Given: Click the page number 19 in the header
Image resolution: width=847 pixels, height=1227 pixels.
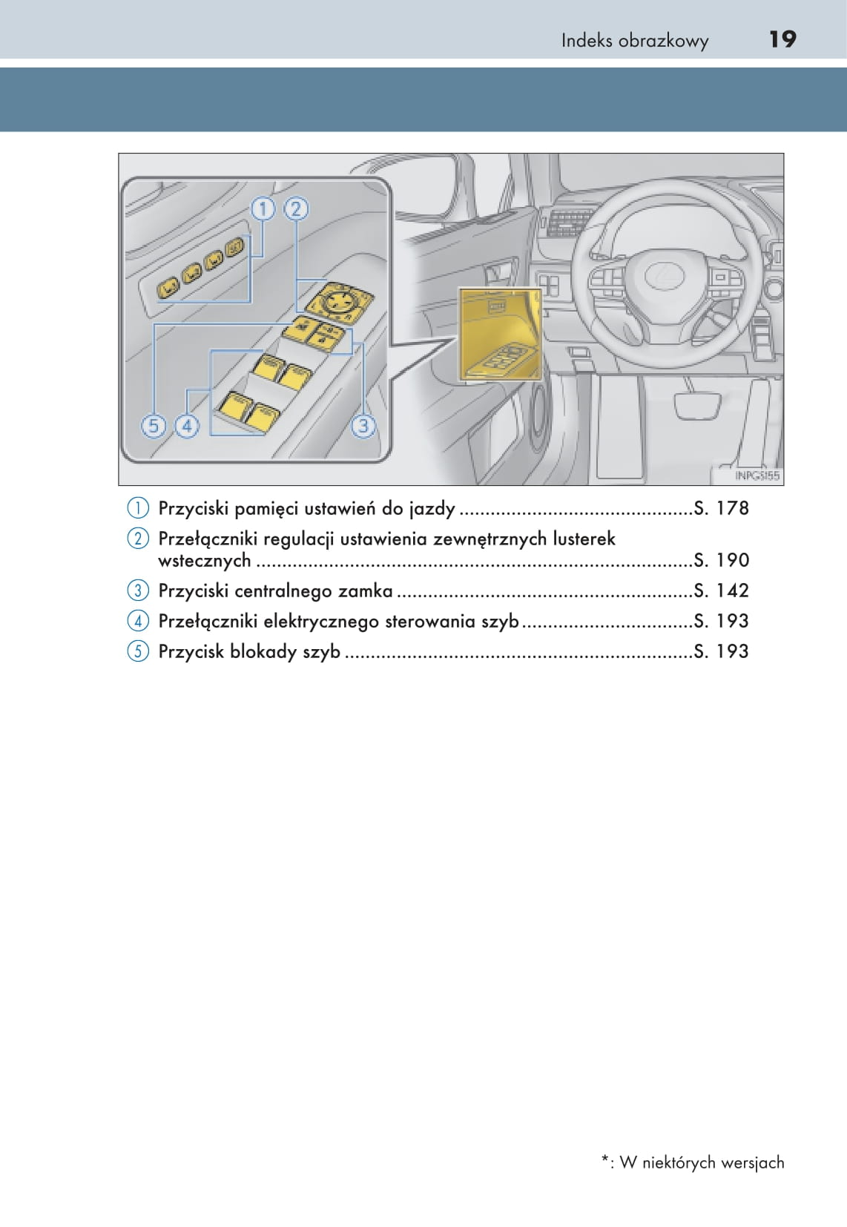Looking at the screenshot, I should [x=782, y=39].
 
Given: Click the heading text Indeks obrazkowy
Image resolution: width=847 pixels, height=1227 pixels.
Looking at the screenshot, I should [x=634, y=41].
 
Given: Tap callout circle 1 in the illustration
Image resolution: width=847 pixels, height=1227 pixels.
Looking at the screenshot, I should [x=263, y=209].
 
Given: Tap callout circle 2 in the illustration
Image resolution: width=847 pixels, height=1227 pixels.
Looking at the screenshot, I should [x=295, y=209].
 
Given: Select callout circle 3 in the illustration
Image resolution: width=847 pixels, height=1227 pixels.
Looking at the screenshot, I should [x=363, y=426].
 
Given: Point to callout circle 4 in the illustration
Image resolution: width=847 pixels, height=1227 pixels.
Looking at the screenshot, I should [x=186, y=426].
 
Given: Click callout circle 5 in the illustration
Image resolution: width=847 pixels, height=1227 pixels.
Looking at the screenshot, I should [x=154, y=426].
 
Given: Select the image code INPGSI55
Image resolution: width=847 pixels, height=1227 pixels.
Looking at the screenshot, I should [x=757, y=476].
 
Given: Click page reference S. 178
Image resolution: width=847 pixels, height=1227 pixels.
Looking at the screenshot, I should [x=721, y=508].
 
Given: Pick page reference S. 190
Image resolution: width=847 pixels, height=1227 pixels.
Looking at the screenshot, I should [x=721, y=560].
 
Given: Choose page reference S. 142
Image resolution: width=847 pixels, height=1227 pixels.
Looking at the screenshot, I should [x=721, y=591].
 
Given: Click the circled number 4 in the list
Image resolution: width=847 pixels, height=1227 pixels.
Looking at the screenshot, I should [x=138, y=621].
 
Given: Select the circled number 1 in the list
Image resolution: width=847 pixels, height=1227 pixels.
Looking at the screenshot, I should [x=138, y=508].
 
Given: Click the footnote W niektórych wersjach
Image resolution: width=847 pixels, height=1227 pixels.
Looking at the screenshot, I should [x=701, y=1162].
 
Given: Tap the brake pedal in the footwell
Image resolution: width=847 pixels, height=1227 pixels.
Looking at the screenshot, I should [x=697, y=405].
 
